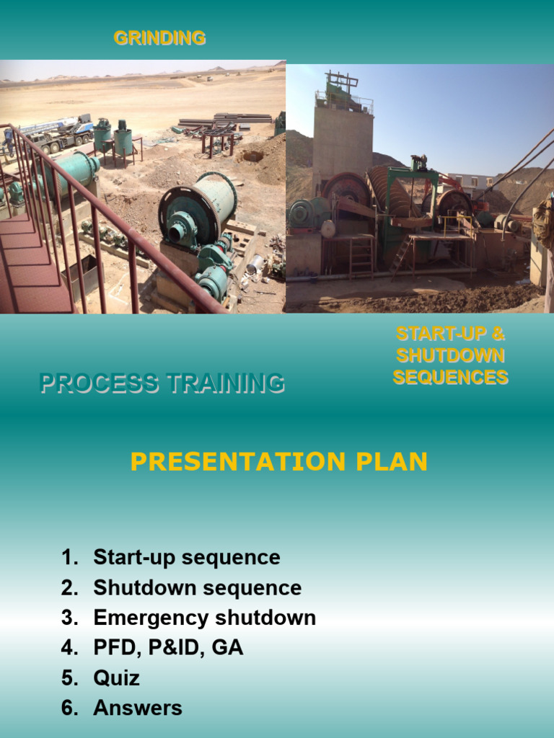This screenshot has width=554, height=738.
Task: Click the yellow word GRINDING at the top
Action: (159, 38)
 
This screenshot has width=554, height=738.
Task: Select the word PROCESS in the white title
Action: (99, 383)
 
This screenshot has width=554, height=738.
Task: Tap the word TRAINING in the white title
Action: (224, 383)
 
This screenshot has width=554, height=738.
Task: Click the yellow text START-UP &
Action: (450, 334)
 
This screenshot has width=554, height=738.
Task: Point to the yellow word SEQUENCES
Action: (450, 377)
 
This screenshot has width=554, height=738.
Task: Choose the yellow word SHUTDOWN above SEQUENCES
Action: (450, 355)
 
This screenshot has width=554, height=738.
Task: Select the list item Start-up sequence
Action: (186, 557)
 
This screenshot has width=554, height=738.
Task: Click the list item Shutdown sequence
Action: (197, 587)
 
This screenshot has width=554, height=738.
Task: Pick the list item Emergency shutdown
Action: (204, 618)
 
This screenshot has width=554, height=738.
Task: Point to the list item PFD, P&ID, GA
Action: (168, 648)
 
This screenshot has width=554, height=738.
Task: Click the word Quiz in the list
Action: (116, 678)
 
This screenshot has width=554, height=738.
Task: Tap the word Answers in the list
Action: (137, 708)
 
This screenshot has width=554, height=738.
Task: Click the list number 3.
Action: (69, 618)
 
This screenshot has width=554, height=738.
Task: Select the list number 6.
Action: (69, 708)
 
